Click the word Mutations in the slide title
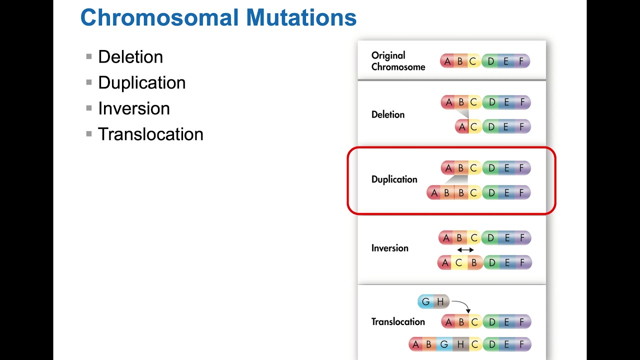301,18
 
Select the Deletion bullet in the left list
130,57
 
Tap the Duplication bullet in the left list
141,83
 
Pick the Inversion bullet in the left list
133,108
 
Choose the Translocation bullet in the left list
150,134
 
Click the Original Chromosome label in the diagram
398,61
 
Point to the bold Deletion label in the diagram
388,114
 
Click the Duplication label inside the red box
394,179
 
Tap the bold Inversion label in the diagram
389,248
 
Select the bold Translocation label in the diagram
398,322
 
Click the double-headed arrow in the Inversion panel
465,250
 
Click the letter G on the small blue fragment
426,302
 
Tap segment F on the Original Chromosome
521,61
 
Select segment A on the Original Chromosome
447,61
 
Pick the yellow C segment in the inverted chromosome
459,262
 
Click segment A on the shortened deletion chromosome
462,127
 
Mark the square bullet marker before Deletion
89,56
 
